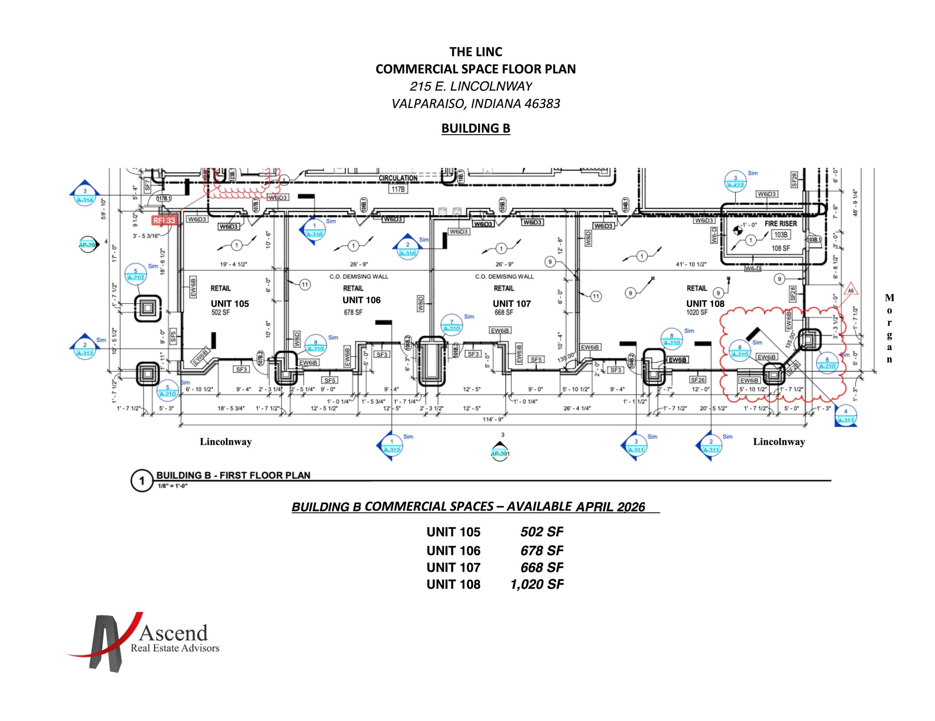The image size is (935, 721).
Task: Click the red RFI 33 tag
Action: [x=164, y=220]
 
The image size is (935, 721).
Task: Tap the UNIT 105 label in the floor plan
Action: [x=230, y=304]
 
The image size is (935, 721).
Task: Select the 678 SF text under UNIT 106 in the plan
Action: [x=353, y=313]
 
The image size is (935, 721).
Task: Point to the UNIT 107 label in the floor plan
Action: [x=511, y=304]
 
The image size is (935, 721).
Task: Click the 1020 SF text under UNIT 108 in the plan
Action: [x=697, y=313]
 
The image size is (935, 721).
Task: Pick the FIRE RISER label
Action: [x=780, y=224]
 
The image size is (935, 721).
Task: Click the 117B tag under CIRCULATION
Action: [x=398, y=189]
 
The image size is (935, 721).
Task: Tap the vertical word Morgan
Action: [x=889, y=328]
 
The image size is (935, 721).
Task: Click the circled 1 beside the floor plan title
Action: [x=142, y=481]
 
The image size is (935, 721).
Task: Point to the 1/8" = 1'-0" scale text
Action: [x=173, y=486]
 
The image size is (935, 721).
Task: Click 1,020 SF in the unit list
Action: [x=537, y=585]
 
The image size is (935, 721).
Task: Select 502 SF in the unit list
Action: [x=541, y=532]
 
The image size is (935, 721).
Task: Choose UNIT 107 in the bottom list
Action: [x=453, y=568]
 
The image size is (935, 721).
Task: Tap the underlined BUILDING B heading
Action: [x=475, y=128]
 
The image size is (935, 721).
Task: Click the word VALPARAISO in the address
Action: [x=427, y=104]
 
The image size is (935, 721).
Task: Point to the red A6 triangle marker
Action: [x=851, y=291]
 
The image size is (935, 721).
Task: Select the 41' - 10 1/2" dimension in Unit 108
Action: [x=691, y=264]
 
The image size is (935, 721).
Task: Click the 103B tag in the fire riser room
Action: [x=780, y=235]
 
